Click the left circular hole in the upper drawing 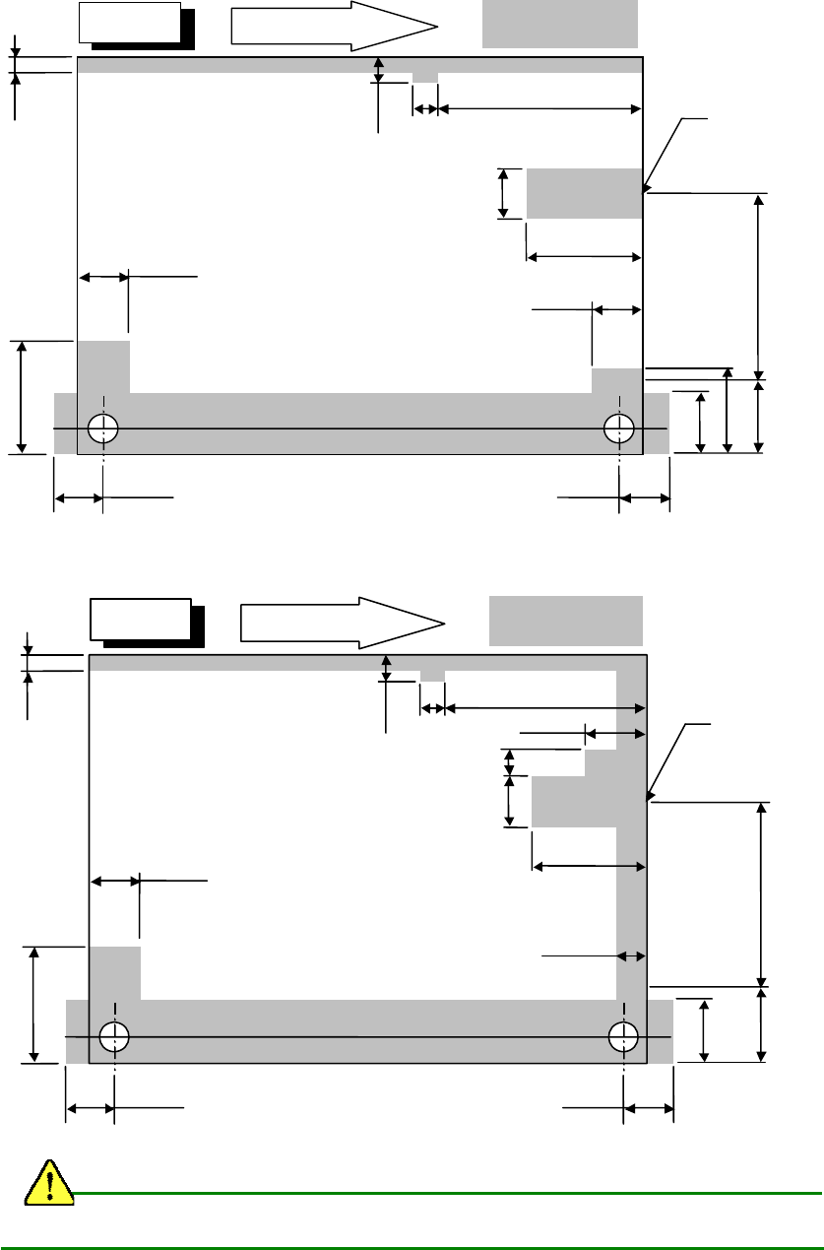102,428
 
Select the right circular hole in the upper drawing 619,428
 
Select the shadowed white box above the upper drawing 132,23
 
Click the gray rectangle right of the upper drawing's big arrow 560,23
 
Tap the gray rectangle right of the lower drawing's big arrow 566,620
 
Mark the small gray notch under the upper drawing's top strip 425,78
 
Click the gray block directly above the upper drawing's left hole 103,366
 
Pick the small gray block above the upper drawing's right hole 616,380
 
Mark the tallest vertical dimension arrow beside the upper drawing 758,286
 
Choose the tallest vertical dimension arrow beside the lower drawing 762,893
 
